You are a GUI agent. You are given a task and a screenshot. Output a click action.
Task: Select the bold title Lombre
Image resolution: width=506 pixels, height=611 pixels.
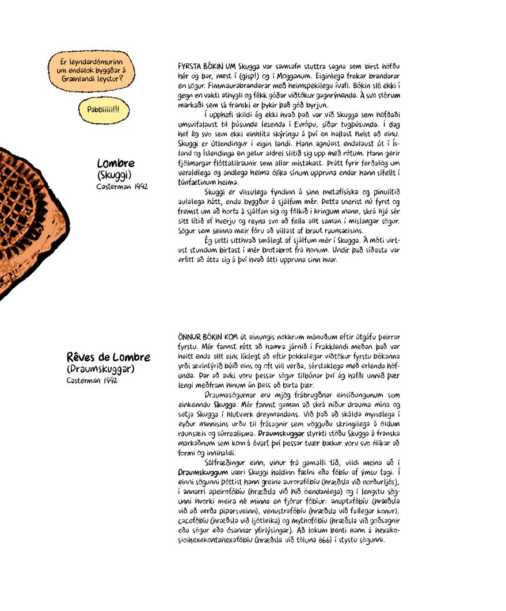pos(116,163)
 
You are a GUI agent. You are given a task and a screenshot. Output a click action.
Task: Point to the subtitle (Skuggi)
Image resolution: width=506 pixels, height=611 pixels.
pos(115,175)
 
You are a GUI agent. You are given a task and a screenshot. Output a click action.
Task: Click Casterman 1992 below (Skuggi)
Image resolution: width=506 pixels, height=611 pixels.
pos(122,186)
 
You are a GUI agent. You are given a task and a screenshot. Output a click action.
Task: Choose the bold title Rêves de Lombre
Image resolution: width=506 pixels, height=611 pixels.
pos(108,357)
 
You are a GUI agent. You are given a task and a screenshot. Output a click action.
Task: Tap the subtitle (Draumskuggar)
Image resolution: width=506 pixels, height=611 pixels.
pos(101,369)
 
